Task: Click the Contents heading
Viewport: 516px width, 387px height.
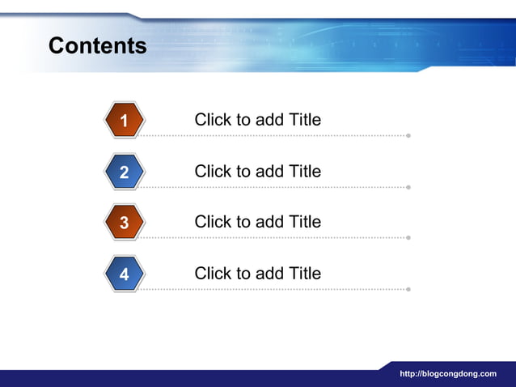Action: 97,45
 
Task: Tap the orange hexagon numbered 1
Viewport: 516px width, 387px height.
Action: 124,121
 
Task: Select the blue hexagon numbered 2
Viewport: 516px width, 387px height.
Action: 124,172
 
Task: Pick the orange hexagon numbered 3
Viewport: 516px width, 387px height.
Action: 124,223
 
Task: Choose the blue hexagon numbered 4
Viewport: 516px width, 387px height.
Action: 124,274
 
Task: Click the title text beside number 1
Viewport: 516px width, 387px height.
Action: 257,120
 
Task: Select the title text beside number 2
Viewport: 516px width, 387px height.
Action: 257,171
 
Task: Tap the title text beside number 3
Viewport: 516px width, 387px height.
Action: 257,222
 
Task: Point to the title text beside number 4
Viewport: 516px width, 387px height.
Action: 257,274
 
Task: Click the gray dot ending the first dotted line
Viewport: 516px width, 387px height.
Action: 408,135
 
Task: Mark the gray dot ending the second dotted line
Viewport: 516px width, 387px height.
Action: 408,187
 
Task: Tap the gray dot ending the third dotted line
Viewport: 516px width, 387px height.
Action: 408,238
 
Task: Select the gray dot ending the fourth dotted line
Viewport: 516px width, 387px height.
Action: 408,289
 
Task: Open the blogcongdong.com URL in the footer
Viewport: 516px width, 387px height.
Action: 448,374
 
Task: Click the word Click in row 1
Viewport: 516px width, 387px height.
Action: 213,120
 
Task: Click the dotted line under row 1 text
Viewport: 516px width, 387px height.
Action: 275,135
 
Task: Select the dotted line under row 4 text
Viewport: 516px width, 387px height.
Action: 275,289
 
